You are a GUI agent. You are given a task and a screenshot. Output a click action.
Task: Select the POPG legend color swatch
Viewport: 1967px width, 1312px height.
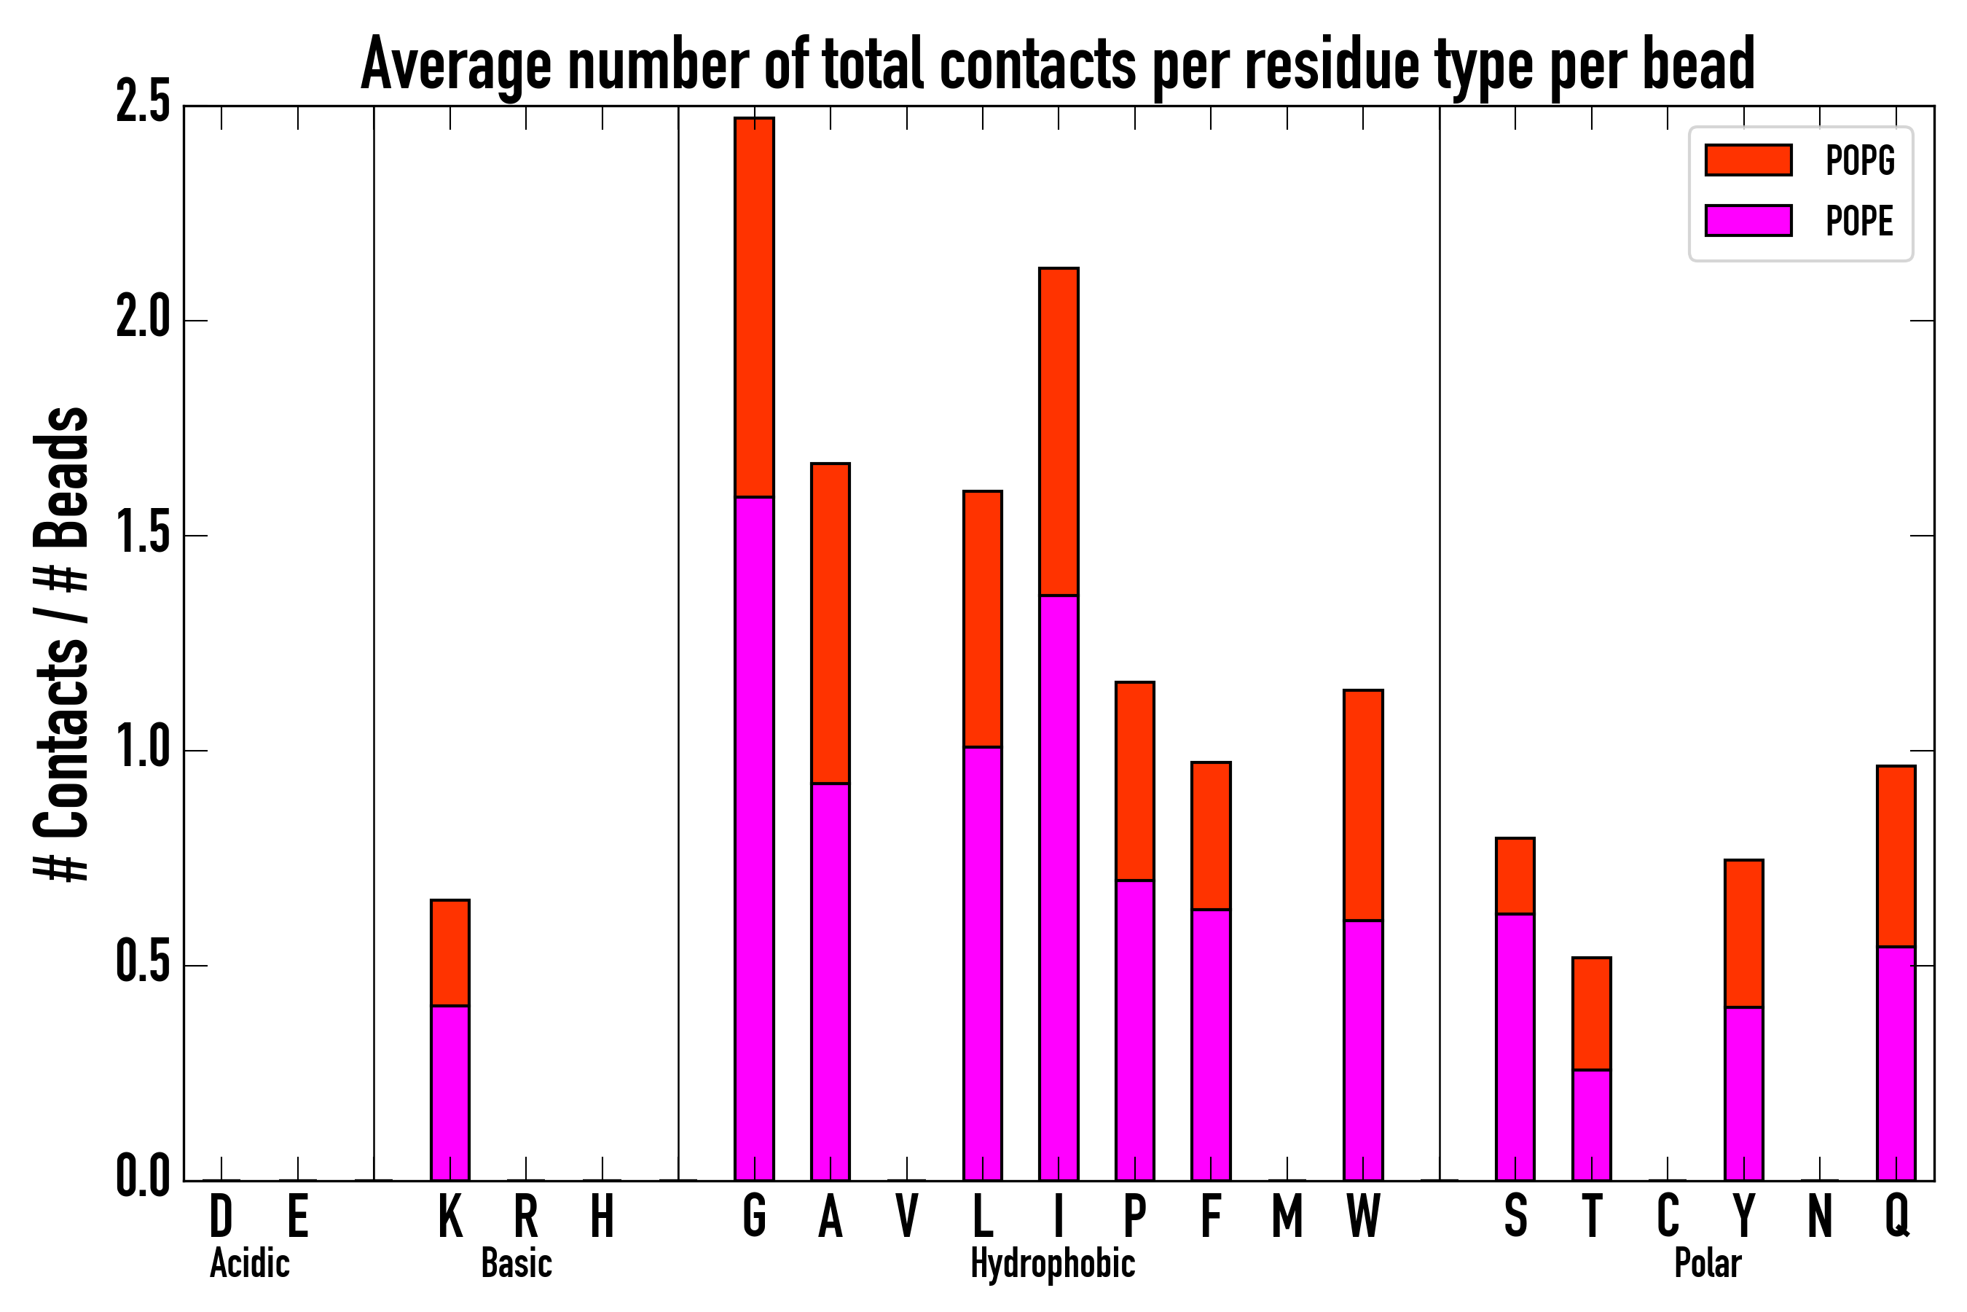click(1748, 160)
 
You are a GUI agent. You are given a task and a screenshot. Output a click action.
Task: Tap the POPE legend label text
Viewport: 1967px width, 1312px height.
click(1859, 221)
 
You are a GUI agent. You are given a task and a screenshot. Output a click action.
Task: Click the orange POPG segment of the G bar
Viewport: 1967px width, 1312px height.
click(754, 307)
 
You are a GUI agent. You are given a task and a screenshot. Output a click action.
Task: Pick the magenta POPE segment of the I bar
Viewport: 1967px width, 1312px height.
click(1058, 887)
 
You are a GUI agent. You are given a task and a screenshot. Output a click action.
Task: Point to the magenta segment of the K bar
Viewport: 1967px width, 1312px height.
click(450, 1092)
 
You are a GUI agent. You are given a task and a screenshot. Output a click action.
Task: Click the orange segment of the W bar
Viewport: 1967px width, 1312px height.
click(1363, 805)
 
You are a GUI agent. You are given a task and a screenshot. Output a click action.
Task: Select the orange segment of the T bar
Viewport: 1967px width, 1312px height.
click(1592, 1013)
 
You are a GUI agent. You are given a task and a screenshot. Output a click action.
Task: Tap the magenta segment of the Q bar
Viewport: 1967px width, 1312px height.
click(1896, 1063)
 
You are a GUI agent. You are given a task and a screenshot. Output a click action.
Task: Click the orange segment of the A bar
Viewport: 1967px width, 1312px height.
click(831, 622)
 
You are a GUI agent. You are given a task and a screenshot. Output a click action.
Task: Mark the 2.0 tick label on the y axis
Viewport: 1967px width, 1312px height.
click(143, 320)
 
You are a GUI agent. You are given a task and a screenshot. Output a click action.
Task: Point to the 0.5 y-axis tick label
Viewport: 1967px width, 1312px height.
click(143, 965)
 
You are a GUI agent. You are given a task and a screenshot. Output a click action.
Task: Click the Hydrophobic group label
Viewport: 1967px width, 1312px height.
click(1052, 1263)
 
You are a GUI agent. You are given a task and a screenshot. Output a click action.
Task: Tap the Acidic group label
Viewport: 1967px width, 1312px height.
click(249, 1263)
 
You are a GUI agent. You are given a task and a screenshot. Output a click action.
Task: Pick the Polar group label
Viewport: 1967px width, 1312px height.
click(1707, 1263)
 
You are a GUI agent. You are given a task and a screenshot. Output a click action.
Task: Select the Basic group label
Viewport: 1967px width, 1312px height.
click(516, 1263)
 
